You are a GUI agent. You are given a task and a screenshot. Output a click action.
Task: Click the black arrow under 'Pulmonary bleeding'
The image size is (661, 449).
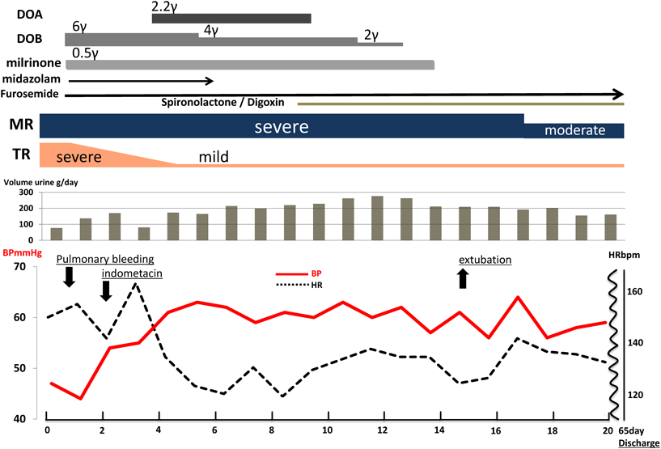tap(69, 277)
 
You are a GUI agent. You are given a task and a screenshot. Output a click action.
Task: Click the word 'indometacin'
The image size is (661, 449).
tap(132, 274)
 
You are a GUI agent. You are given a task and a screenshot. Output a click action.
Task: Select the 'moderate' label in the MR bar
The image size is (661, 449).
tap(574, 129)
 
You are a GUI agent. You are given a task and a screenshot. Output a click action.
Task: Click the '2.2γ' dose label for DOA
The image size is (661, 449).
tap(165, 6)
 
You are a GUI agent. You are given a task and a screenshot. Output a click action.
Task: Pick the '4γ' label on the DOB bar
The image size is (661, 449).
tap(212, 31)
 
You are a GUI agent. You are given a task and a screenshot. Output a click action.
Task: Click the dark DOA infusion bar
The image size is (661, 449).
tap(231, 19)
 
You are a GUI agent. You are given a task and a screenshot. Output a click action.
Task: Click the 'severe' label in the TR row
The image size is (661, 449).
tap(78, 155)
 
